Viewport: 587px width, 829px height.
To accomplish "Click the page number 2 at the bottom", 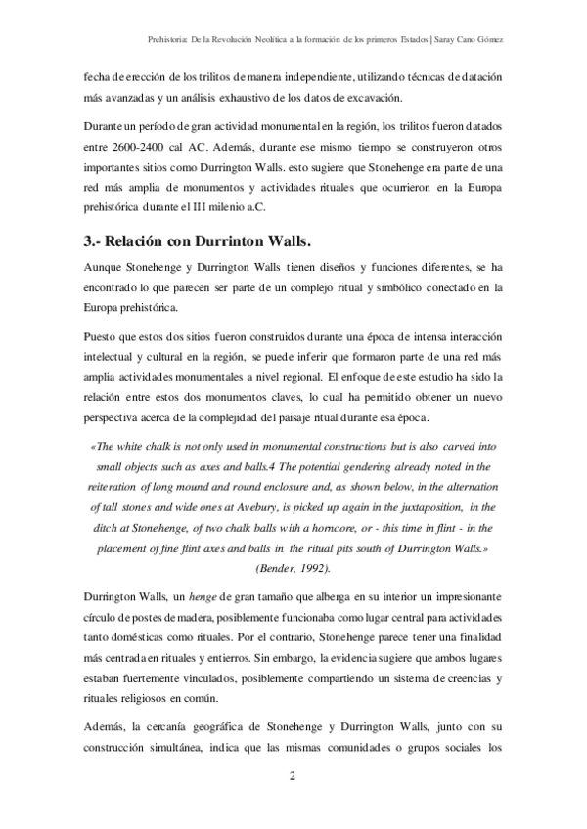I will (x=293, y=777).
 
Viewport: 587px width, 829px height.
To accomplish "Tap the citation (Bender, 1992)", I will (x=293, y=567).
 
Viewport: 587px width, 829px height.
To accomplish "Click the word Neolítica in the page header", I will (x=268, y=40).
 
